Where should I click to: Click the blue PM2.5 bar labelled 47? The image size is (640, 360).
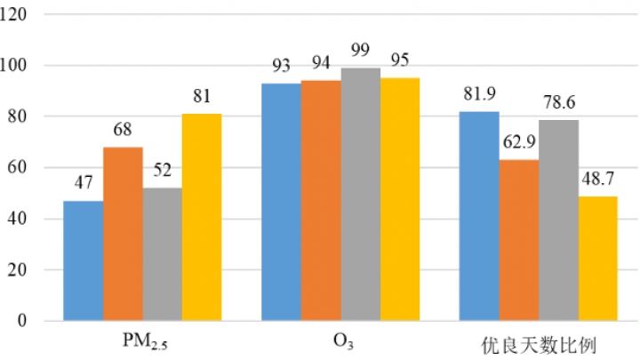[x=84, y=260]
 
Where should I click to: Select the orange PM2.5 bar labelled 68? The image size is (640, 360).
[x=123, y=234]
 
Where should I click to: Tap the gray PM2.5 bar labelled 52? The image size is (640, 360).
[x=163, y=254]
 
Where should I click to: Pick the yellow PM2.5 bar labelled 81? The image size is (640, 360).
[x=202, y=217]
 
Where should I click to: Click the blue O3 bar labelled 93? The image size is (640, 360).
[x=281, y=202]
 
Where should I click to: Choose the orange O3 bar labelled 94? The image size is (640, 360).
[x=321, y=200]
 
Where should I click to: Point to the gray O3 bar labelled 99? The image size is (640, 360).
[x=360, y=194]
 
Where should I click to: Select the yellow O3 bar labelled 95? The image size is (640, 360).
[x=400, y=199]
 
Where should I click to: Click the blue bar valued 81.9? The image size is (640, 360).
[x=479, y=216]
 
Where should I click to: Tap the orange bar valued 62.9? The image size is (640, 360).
[x=518, y=240]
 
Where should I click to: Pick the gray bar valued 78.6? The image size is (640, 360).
[x=558, y=220]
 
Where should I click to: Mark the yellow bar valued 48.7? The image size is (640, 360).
[x=597, y=258]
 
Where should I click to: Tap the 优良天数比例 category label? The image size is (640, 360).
[x=539, y=341]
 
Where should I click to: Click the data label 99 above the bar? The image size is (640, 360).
[x=360, y=57]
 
